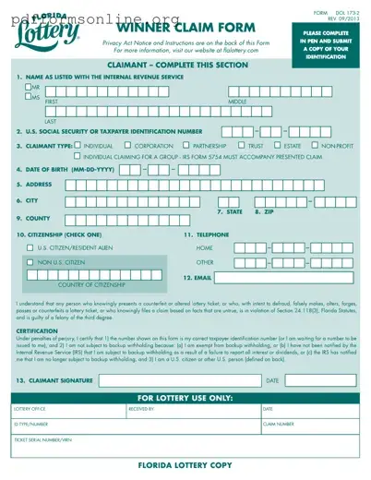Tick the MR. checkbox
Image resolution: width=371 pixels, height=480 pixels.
(29, 87)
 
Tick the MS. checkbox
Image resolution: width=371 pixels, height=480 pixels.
(29, 97)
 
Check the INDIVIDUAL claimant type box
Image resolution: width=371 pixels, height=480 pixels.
(77, 145)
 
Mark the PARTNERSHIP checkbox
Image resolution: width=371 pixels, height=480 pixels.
(185, 145)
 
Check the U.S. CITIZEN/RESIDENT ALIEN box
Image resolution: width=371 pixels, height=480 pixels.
(30, 247)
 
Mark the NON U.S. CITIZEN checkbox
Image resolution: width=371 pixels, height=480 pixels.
(30, 262)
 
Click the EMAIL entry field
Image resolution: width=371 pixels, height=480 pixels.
(287, 277)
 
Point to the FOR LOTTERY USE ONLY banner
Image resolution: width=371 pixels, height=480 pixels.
(185, 398)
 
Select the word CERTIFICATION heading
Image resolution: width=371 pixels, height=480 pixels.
(37, 330)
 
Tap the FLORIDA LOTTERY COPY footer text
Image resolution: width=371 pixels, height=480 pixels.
(185, 466)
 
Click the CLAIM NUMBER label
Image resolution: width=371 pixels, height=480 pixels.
(279, 425)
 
